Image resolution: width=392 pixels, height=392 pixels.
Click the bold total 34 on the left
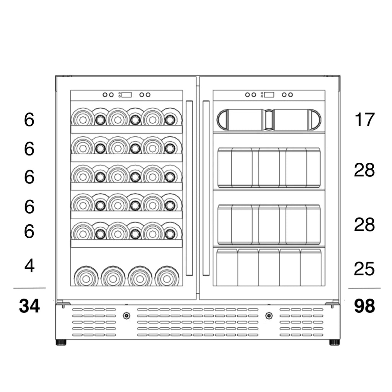tap(29, 306)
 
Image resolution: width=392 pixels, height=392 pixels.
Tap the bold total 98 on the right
tap(364, 306)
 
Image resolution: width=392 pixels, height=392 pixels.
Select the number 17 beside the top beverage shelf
tap(364, 120)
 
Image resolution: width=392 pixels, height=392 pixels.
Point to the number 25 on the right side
tap(364, 269)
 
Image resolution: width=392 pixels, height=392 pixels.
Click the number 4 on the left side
tap(29, 266)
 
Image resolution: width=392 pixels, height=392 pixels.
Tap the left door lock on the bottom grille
tap(126, 316)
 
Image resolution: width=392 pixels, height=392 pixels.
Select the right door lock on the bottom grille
tap(269, 316)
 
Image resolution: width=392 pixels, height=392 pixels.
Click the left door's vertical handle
tap(189, 188)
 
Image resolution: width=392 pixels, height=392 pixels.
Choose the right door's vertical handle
tap(206, 188)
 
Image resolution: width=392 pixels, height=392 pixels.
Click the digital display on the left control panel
tap(126, 95)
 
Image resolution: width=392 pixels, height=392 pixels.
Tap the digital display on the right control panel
tap(269, 95)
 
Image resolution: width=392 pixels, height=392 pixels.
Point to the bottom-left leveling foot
tap(61, 342)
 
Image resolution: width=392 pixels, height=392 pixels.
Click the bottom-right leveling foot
tap(334, 342)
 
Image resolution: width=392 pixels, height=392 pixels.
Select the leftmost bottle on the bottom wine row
tap(86, 276)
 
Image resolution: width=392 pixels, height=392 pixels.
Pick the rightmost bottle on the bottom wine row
tap(167, 276)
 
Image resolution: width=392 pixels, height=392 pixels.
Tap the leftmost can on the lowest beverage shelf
tap(227, 267)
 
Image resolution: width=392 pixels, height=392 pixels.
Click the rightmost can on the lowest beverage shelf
tap(311, 267)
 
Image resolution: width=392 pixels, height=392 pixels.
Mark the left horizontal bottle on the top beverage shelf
tap(240, 119)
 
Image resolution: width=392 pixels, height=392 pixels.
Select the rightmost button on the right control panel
tap(291, 95)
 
